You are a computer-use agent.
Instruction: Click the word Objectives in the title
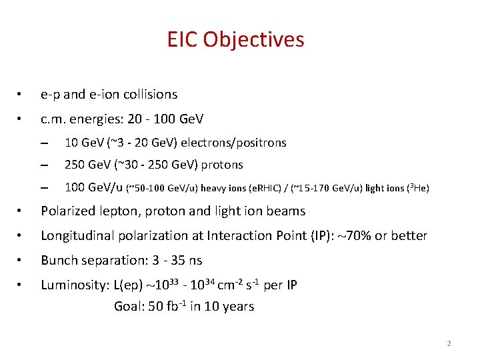254,40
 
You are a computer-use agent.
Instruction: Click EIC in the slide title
183,40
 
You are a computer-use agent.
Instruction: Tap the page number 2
449,343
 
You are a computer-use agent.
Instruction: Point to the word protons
220,165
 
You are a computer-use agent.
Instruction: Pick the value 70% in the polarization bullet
372,236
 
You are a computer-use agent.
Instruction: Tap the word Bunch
58,260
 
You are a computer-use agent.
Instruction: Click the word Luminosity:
74,285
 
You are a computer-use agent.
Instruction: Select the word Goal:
129,307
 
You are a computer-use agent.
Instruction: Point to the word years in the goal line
238,307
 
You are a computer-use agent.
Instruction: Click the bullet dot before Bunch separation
22,261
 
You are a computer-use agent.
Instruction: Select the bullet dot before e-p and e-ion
22,95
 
